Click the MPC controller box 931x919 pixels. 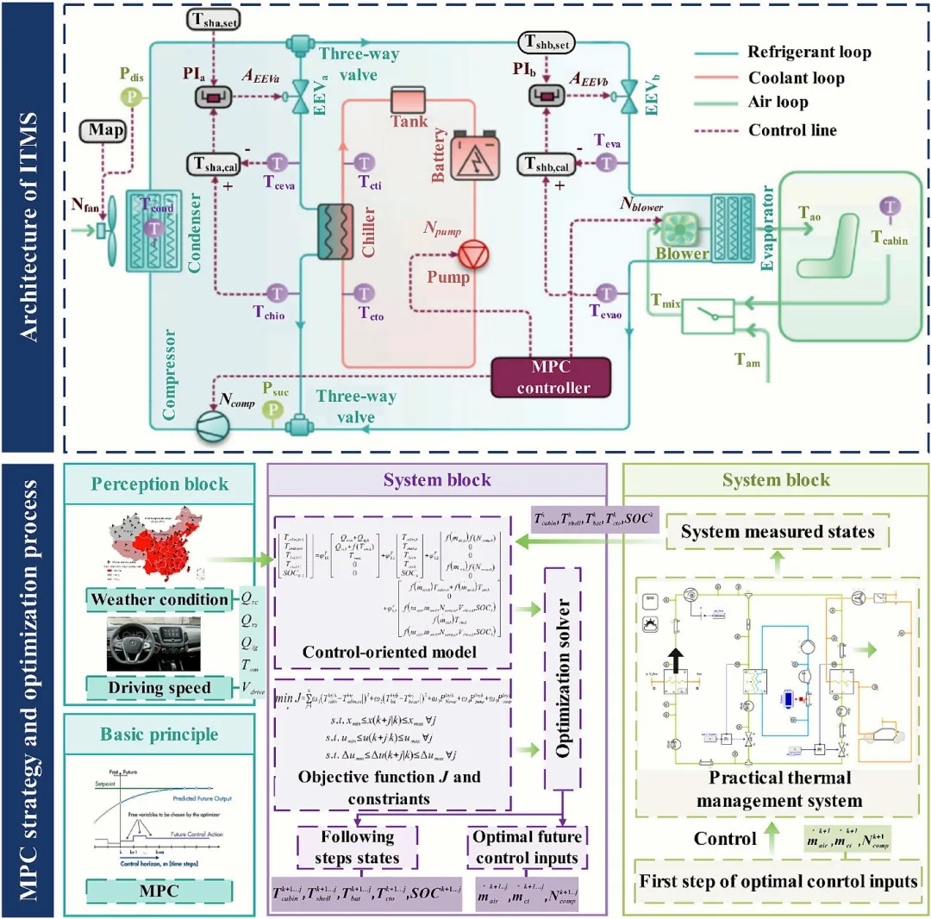[x=549, y=377]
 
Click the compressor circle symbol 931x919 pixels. [x=211, y=426]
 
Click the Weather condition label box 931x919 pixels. [x=160, y=599]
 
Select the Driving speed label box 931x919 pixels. [x=160, y=688]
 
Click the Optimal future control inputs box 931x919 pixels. [x=528, y=847]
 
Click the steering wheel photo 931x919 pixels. [x=153, y=643]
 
